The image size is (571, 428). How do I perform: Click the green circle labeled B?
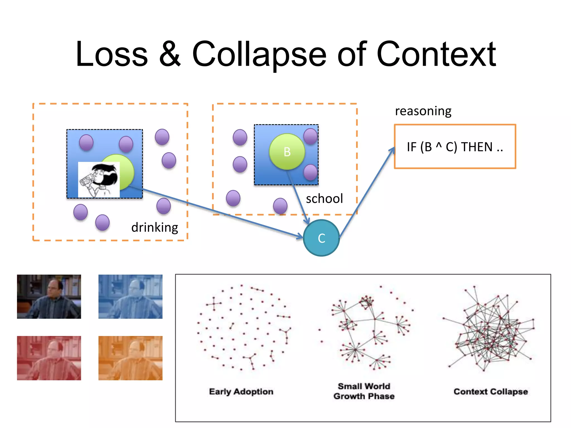[287, 152]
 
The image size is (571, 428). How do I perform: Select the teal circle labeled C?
[321, 238]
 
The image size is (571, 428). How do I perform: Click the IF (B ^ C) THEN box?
[455, 147]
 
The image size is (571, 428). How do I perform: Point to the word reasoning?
[423, 111]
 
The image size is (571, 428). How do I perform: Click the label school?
[324, 199]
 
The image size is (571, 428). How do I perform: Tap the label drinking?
[155, 227]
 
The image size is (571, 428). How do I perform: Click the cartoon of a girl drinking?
[99, 180]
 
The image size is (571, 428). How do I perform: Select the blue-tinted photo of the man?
[130, 296]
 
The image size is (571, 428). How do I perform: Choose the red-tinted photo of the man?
[49, 358]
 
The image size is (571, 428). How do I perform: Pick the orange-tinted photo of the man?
[130, 358]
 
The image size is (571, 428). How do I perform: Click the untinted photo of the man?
[49, 296]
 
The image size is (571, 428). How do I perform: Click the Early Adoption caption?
[241, 391]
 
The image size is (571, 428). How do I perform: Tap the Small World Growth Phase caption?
[364, 391]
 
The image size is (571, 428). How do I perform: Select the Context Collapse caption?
[491, 391]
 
